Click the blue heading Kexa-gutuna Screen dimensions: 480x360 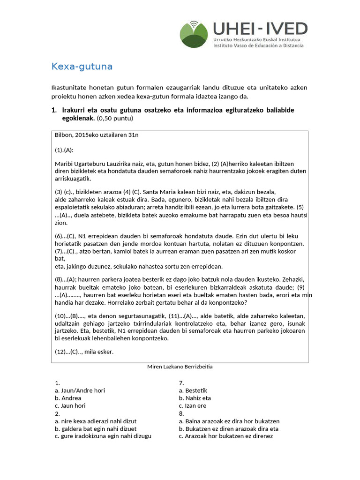[x=82, y=67]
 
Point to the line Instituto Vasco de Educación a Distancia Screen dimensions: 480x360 [x=258, y=45]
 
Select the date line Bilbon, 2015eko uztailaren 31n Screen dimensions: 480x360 [x=97, y=135]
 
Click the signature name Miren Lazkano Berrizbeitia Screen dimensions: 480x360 [x=180, y=367]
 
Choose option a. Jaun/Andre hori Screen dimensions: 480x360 [x=80, y=390]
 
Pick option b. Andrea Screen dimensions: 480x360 [x=68, y=398]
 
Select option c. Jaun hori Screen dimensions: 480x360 [x=70, y=405]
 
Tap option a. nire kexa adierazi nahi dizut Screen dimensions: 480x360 [x=96, y=421]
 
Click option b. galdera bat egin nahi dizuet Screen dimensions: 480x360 [x=96, y=428]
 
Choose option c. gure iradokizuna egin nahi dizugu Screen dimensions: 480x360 [x=103, y=436]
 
